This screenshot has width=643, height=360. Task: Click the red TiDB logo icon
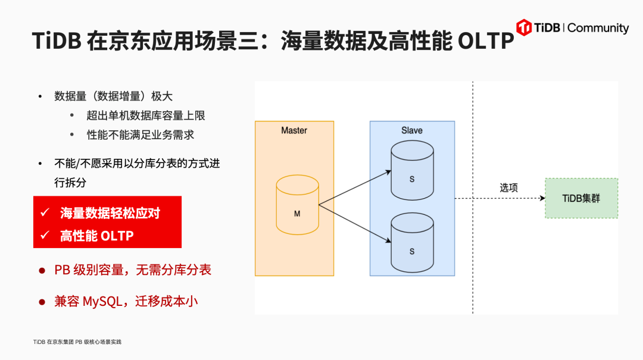point(524,27)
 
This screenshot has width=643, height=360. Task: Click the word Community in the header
point(599,28)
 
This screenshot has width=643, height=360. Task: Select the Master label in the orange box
point(294,130)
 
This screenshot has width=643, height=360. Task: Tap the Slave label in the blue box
point(412,130)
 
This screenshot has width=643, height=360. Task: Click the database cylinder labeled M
point(298,205)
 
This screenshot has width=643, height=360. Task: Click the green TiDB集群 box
point(581,198)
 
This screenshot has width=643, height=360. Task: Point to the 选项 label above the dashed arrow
point(508,187)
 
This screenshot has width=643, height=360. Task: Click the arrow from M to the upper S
point(355,188)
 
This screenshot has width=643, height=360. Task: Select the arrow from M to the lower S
point(355,224)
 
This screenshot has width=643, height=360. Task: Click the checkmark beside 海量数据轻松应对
point(45,213)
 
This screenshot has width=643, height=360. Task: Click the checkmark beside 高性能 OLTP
point(45,236)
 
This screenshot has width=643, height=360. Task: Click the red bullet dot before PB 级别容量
point(42,271)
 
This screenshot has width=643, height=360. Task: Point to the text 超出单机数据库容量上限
point(146,115)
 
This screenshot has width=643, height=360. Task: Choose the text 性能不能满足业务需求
point(141,134)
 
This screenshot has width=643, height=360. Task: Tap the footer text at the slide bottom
point(77,342)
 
